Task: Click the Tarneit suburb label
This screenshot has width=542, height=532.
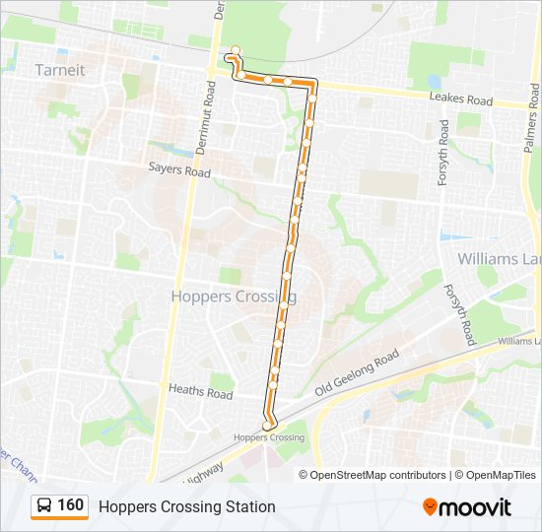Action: click(60, 70)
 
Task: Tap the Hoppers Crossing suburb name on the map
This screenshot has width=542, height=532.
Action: click(234, 296)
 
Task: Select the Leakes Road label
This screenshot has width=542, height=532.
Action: click(460, 100)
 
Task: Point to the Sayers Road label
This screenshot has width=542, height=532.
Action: click(179, 171)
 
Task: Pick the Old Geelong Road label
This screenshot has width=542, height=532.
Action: click(357, 373)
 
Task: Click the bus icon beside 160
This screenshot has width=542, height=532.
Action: click(44, 505)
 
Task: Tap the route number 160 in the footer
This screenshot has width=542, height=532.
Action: click(71, 505)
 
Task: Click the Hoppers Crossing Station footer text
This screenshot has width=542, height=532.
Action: click(186, 506)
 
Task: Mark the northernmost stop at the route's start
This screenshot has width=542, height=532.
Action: click(235, 49)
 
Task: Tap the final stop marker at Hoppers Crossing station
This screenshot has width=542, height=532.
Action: click(267, 426)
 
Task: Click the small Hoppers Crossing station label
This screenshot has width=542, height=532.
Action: click(269, 437)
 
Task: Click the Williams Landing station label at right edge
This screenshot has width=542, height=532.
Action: click(519, 341)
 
